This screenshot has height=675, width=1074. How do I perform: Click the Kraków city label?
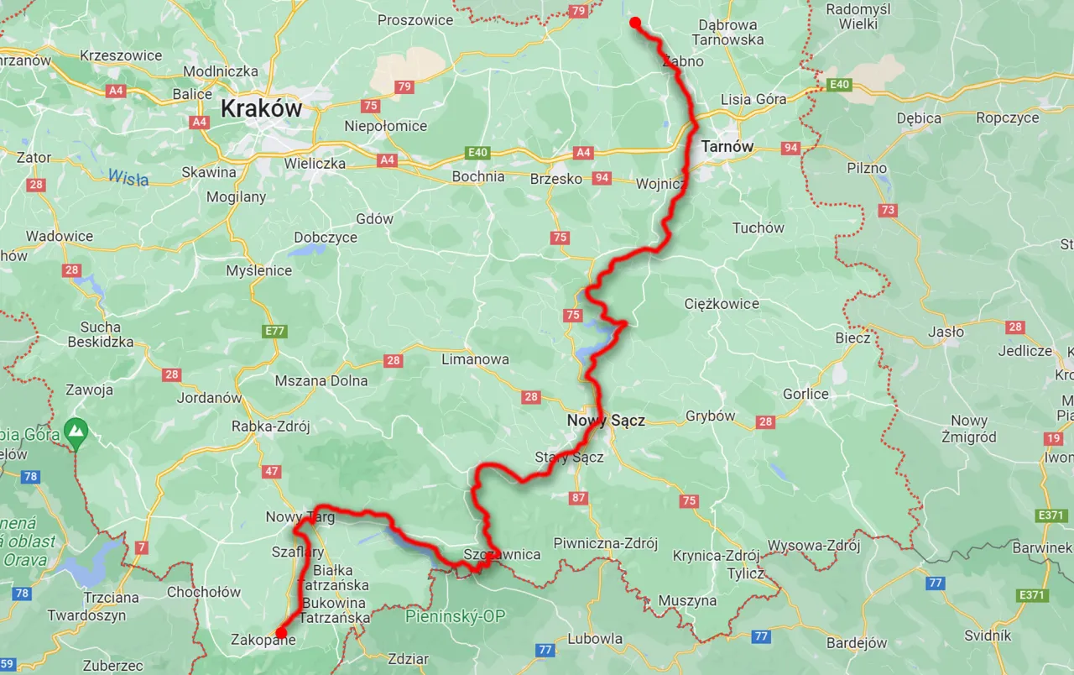[x=260, y=108]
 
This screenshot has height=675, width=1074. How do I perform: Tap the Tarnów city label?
[x=727, y=146]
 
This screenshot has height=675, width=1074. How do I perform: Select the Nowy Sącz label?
[x=606, y=420]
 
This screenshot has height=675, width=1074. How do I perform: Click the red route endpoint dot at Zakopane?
[x=281, y=633]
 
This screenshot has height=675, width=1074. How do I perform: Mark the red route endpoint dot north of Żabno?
[x=635, y=23]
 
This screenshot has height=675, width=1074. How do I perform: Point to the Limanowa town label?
[x=475, y=359]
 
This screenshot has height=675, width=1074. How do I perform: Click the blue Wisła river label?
[x=128, y=178]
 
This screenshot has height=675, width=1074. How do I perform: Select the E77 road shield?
[x=274, y=332]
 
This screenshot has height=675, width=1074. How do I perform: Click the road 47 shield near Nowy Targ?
[x=272, y=471]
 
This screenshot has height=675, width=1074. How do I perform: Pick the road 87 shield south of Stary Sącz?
[x=578, y=498]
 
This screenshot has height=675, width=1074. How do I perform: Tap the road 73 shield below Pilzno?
[x=888, y=210]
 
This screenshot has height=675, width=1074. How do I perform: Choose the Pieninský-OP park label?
[x=456, y=617]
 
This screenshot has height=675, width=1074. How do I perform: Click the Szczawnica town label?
[x=502, y=554]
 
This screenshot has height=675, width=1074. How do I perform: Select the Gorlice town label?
[x=805, y=394]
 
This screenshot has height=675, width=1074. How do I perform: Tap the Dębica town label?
[x=919, y=118]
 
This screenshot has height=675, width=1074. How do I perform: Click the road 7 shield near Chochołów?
[x=141, y=548]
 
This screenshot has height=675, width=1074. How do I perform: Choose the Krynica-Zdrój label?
[x=716, y=556]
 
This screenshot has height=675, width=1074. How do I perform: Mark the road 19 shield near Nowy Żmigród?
[x=1053, y=438]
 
